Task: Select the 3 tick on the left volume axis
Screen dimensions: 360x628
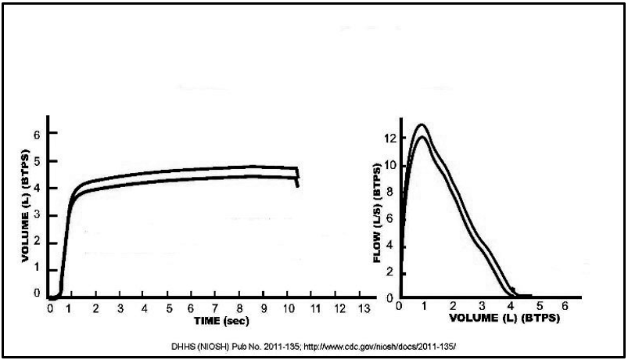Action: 34,214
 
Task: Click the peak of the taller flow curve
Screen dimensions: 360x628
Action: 422,124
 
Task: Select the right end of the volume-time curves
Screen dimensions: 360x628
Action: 298,177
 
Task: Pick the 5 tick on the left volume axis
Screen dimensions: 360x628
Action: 34,160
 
